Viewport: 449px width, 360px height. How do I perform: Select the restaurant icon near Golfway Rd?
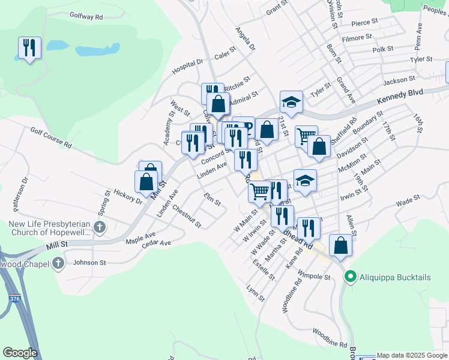click(29, 48)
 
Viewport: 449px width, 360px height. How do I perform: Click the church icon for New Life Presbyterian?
click(100, 227)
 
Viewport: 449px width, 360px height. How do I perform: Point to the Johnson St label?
click(89, 262)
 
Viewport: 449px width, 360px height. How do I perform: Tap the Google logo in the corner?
click(20, 353)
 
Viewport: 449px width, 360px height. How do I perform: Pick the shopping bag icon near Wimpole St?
click(340, 245)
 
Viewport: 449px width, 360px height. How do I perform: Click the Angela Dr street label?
click(245, 38)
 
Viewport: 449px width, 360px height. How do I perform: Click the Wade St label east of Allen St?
click(408, 202)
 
